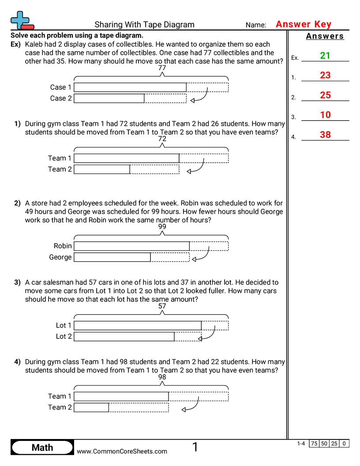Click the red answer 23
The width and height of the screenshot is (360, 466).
coord(325,75)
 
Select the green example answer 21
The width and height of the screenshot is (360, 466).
coord(325,56)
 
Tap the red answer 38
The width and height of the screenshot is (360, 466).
coord(325,135)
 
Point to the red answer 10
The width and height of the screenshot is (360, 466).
coord(325,115)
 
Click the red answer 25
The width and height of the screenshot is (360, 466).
coord(325,95)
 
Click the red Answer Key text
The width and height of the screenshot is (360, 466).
coord(303,25)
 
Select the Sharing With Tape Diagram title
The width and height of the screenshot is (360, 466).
coord(144,25)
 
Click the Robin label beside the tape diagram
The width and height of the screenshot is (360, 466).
coord(63,246)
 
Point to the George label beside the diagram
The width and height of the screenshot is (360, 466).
coord(60,257)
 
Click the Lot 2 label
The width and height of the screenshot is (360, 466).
coord(64,336)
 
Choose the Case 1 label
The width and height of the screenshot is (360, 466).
coord(61,87)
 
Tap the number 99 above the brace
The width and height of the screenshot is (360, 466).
coord(162,227)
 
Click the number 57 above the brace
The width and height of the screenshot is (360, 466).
coord(162,306)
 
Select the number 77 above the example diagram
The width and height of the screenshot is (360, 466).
coord(162,68)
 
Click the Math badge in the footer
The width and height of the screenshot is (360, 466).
coord(42,447)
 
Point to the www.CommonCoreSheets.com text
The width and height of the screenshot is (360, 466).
coord(122,451)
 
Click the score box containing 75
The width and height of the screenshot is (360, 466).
coord(314,443)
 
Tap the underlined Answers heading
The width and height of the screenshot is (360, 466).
coord(325,36)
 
